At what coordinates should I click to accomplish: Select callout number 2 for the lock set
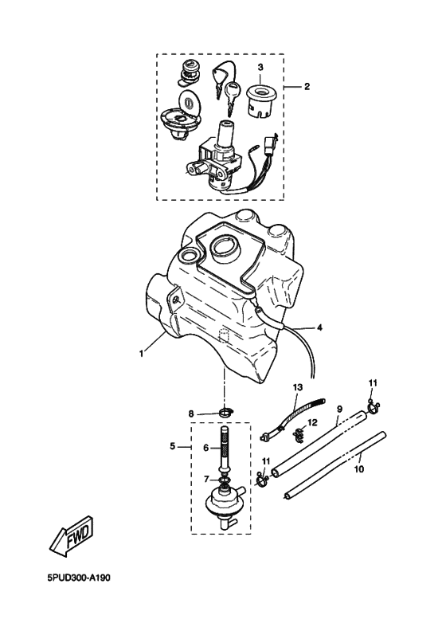point(307,86)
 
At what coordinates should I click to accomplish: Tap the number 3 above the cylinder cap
point(259,68)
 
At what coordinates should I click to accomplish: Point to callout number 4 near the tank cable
point(319,327)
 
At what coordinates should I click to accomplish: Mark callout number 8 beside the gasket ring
point(191,413)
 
